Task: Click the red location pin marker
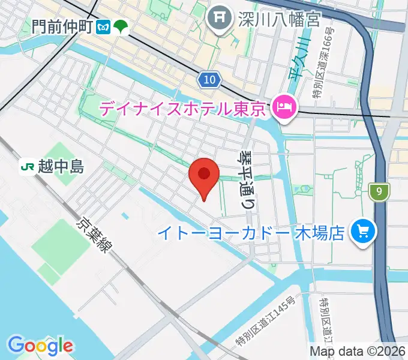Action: (x=203, y=176)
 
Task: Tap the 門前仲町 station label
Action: (x=62, y=26)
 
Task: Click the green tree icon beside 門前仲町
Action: (x=121, y=26)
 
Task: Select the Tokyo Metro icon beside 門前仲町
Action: (x=104, y=26)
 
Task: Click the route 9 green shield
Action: (x=379, y=192)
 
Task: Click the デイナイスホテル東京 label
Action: (x=182, y=109)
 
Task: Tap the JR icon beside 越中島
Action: (x=27, y=166)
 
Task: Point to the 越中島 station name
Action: (x=60, y=166)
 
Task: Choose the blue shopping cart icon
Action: (x=363, y=231)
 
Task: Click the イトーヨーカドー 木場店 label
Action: (x=251, y=233)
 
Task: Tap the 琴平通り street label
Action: (x=247, y=179)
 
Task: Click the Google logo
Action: (x=41, y=346)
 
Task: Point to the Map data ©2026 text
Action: (x=358, y=351)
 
